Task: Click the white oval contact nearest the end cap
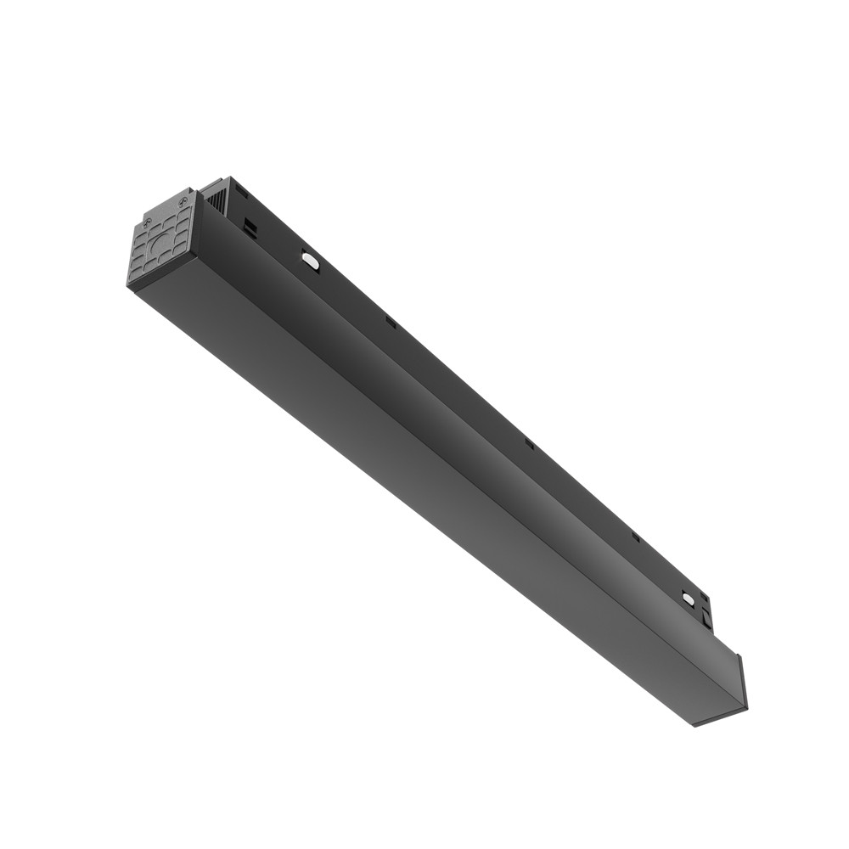tap(309, 261)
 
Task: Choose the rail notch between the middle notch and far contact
tap(634, 537)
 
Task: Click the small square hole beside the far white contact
tap(703, 604)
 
